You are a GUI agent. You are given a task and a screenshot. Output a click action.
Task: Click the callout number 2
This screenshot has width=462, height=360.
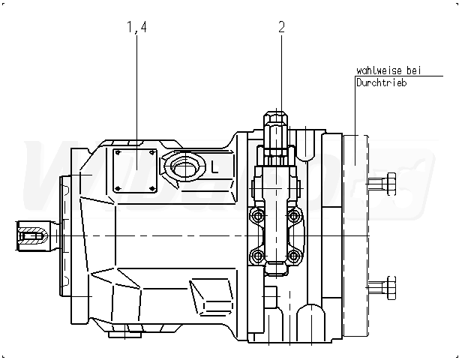pos(281,28)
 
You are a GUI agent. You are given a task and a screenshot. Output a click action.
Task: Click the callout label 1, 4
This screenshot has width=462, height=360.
pos(137,28)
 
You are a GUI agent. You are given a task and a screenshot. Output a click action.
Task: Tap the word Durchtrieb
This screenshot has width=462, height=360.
pos(382,83)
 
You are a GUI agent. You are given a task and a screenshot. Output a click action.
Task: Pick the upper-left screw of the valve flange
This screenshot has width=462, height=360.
pos(259,217)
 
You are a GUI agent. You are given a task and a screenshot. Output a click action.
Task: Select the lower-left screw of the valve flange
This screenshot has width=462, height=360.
pos(259,257)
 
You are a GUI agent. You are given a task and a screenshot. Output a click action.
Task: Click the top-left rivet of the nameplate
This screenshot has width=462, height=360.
pos(116,152)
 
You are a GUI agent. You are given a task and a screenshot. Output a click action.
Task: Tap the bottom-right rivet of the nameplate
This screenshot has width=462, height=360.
pos(152,188)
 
